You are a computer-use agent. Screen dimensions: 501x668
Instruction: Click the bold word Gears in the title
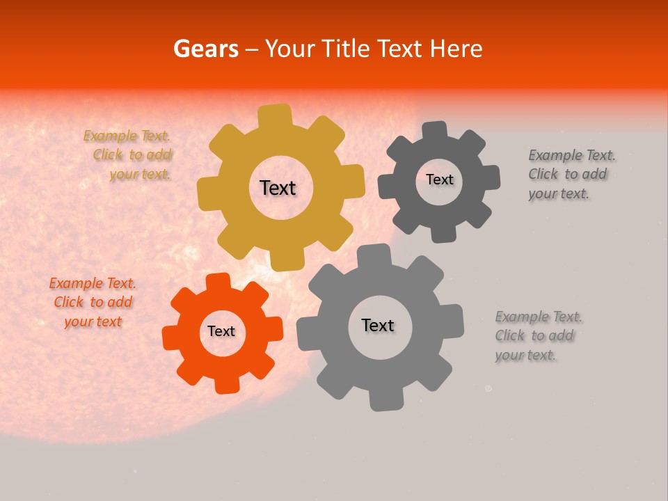point(206,49)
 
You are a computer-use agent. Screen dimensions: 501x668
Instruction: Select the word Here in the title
point(457,49)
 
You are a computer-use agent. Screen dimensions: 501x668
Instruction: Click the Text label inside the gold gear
point(278,188)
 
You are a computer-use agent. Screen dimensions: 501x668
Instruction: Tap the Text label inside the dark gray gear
point(439,180)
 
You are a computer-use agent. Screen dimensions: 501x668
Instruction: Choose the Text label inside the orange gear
point(221,332)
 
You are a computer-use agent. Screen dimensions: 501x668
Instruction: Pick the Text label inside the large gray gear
point(378,326)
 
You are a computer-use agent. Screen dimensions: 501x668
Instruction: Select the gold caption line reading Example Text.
point(127,136)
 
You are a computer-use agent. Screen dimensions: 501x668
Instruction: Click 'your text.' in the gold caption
point(140,175)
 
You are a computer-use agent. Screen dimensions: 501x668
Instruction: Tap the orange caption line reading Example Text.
point(93,283)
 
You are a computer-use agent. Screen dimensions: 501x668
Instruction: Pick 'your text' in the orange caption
point(93,321)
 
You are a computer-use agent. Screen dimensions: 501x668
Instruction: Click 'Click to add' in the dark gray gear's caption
point(567,175)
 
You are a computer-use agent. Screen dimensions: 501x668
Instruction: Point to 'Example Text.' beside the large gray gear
point(539,317)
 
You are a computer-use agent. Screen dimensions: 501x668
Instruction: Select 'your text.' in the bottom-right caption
point(525,356)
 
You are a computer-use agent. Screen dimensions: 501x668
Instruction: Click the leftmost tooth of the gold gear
point(208,192)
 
